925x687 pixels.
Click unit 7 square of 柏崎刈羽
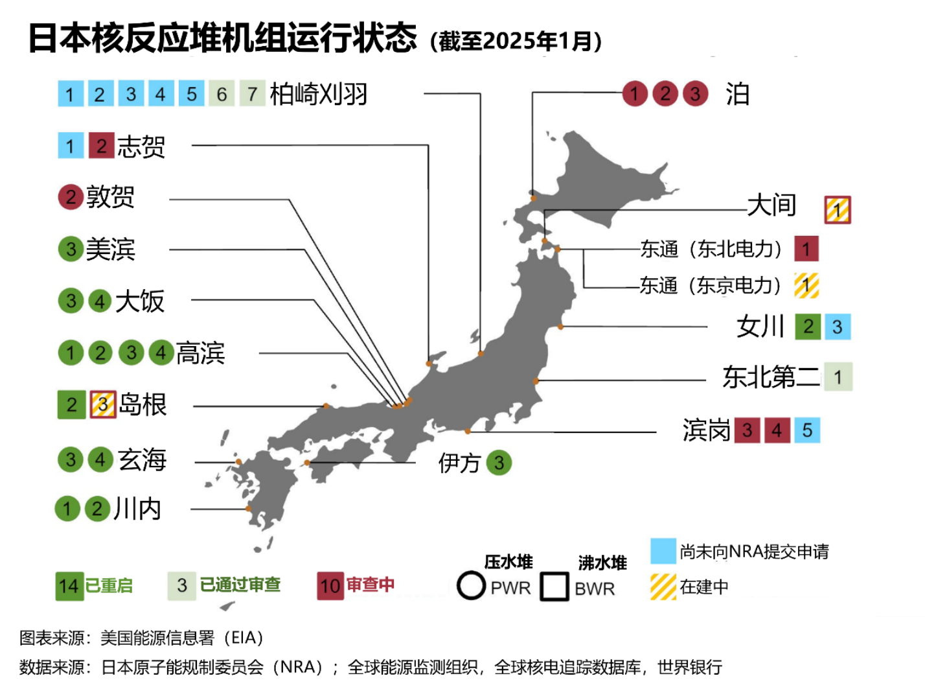click(252, 94)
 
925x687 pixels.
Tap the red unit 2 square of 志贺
click(101, 146)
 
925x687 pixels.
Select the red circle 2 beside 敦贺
click(71, 197)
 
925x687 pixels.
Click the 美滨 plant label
click(111, 249)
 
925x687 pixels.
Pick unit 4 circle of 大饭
click(100, 301)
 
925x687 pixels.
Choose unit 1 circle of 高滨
click(70, 353)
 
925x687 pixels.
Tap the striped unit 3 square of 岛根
click(102, 405)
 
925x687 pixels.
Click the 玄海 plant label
click(142, 460)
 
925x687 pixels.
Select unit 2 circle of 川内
click(97, 509)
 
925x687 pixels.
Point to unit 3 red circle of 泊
click(695, 94)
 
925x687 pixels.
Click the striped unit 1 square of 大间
click(837, 210)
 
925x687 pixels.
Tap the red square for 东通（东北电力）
click(806, 249)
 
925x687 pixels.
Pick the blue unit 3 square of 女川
click(837, 327)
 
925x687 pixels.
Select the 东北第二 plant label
click(771, 377)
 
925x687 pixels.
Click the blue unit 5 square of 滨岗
click(807, 430)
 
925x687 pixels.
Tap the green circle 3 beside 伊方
click(499, 463)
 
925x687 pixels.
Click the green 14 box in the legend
click(69, 586)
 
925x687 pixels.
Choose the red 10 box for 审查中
click(330, 586)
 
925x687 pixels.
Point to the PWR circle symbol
click(471, 586)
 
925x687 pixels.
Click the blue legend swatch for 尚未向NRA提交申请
click(663, 552)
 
